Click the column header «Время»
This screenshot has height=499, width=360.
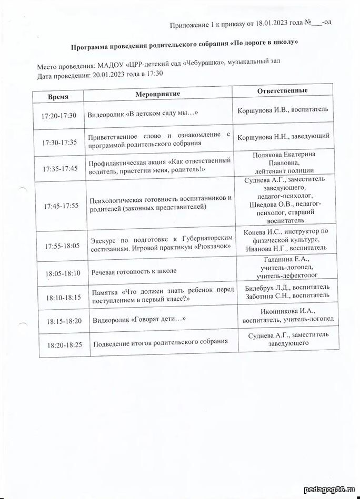point(58,97)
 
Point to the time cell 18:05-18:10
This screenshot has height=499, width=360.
point(63,273)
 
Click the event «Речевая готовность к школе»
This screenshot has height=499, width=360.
point(134,271)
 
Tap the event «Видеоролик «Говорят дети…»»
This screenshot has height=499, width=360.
point(139,320)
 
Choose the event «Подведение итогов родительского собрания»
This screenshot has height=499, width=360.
point(160,343)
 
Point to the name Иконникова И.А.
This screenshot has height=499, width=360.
point(268,310)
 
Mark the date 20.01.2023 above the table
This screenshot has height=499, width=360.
point(109,75)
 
